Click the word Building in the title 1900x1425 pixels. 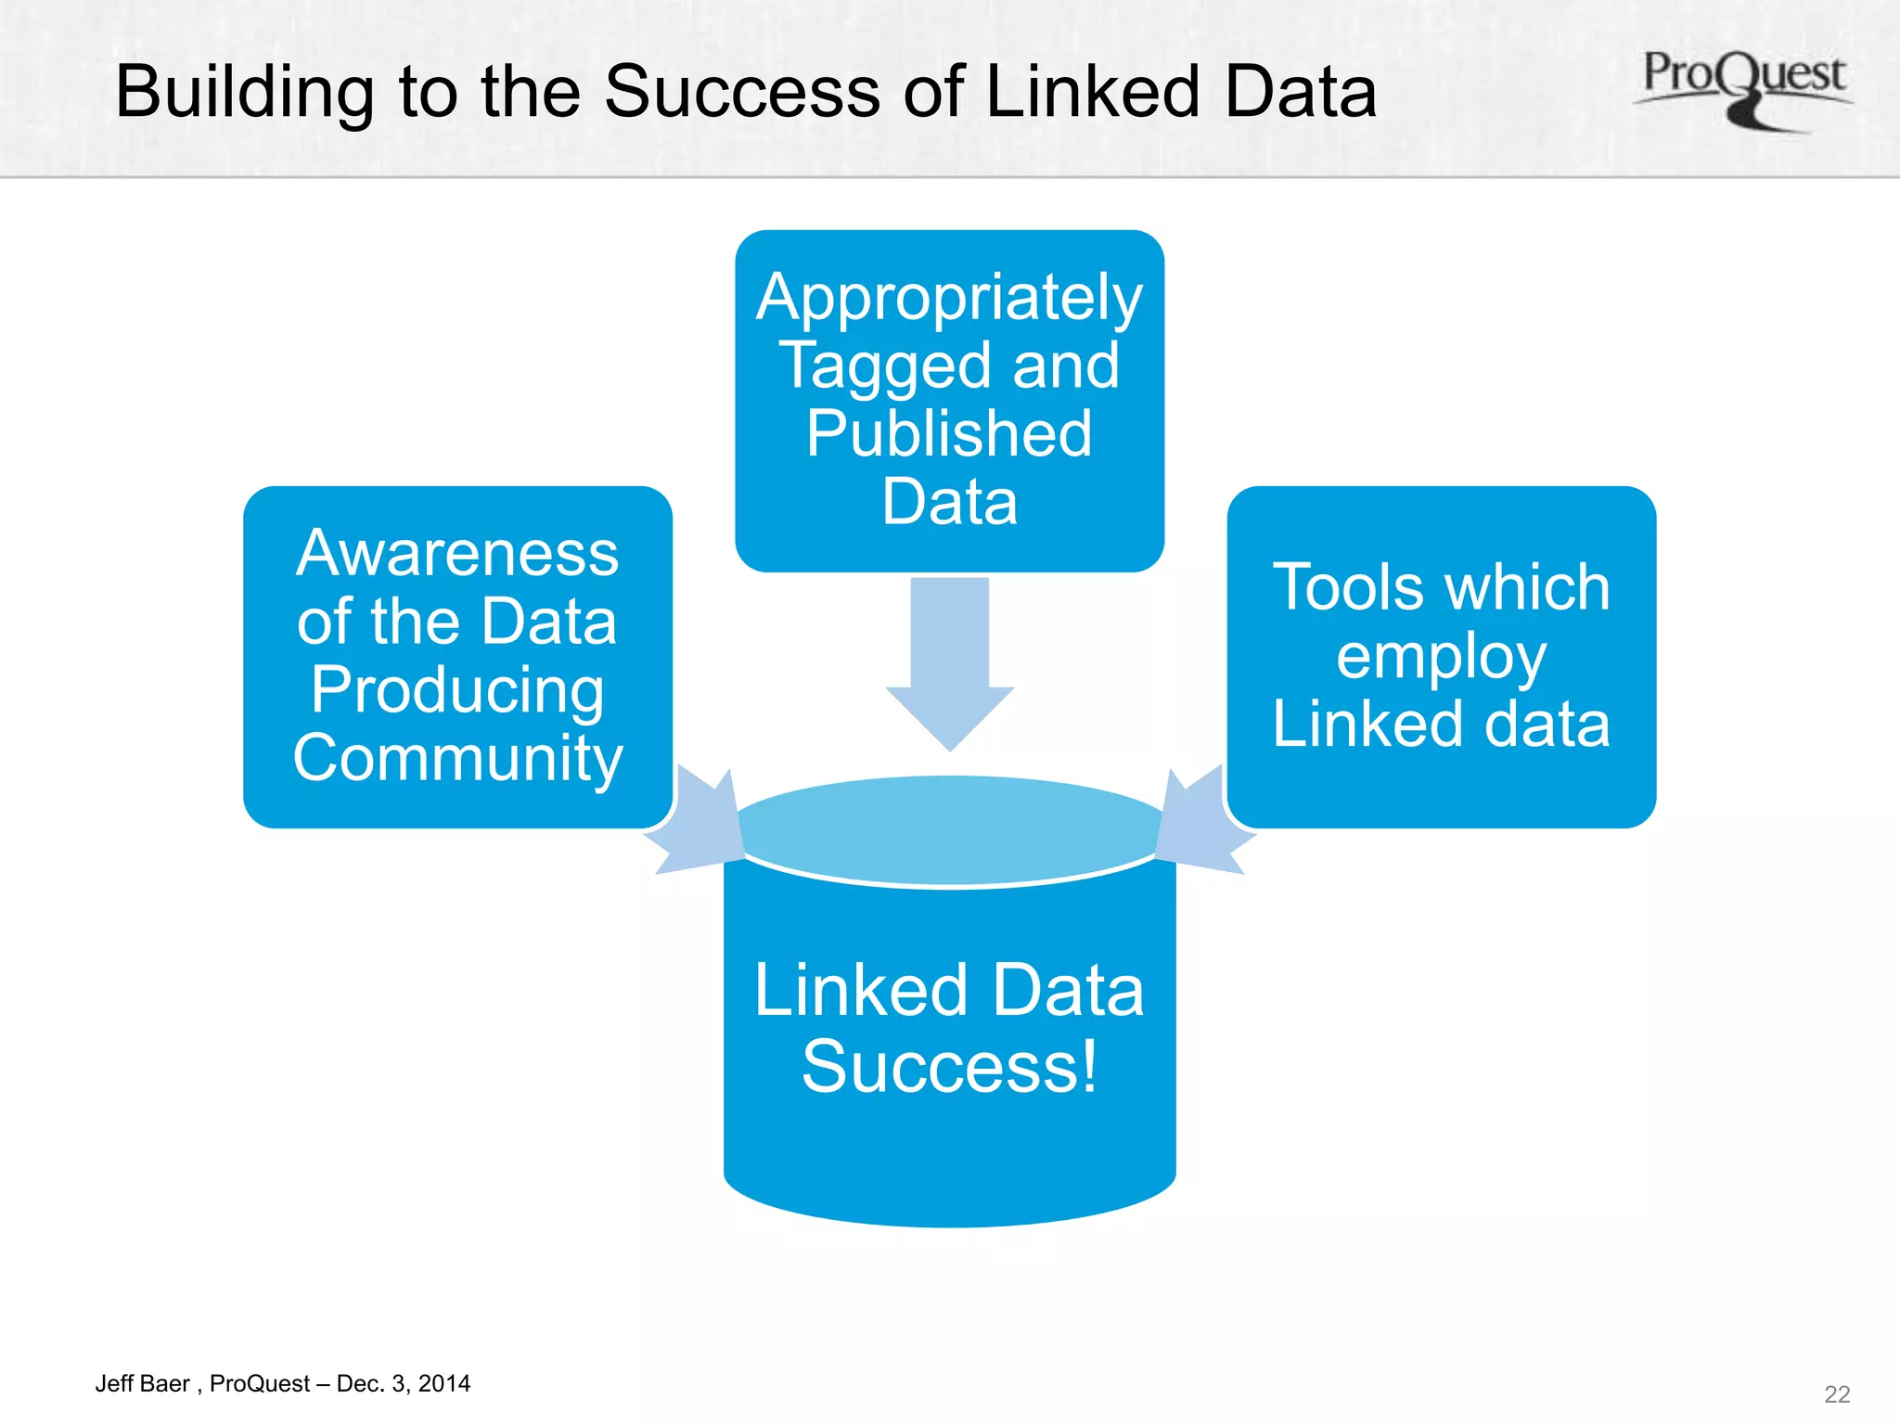244,93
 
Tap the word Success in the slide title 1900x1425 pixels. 741,93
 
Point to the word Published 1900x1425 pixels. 949,434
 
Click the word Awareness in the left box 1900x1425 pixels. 457,554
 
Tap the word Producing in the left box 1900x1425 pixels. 457,691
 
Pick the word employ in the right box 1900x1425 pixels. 1441,658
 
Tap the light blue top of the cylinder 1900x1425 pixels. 949,828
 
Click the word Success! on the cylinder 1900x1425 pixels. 949,1068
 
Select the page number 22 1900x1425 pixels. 1836,1394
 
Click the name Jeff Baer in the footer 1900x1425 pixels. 142,1384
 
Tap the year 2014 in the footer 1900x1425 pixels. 444,1384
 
